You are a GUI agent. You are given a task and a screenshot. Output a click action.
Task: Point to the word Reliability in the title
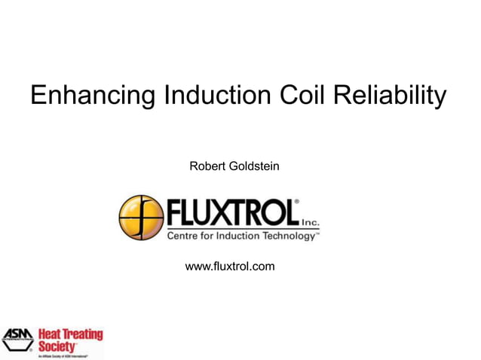(392, 97)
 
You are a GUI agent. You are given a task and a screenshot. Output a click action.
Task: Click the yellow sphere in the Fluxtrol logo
(141, 218)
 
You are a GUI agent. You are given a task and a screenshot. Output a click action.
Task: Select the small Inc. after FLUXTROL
(311, 223)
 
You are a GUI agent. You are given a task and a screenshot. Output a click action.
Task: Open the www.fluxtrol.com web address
(230, 267)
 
